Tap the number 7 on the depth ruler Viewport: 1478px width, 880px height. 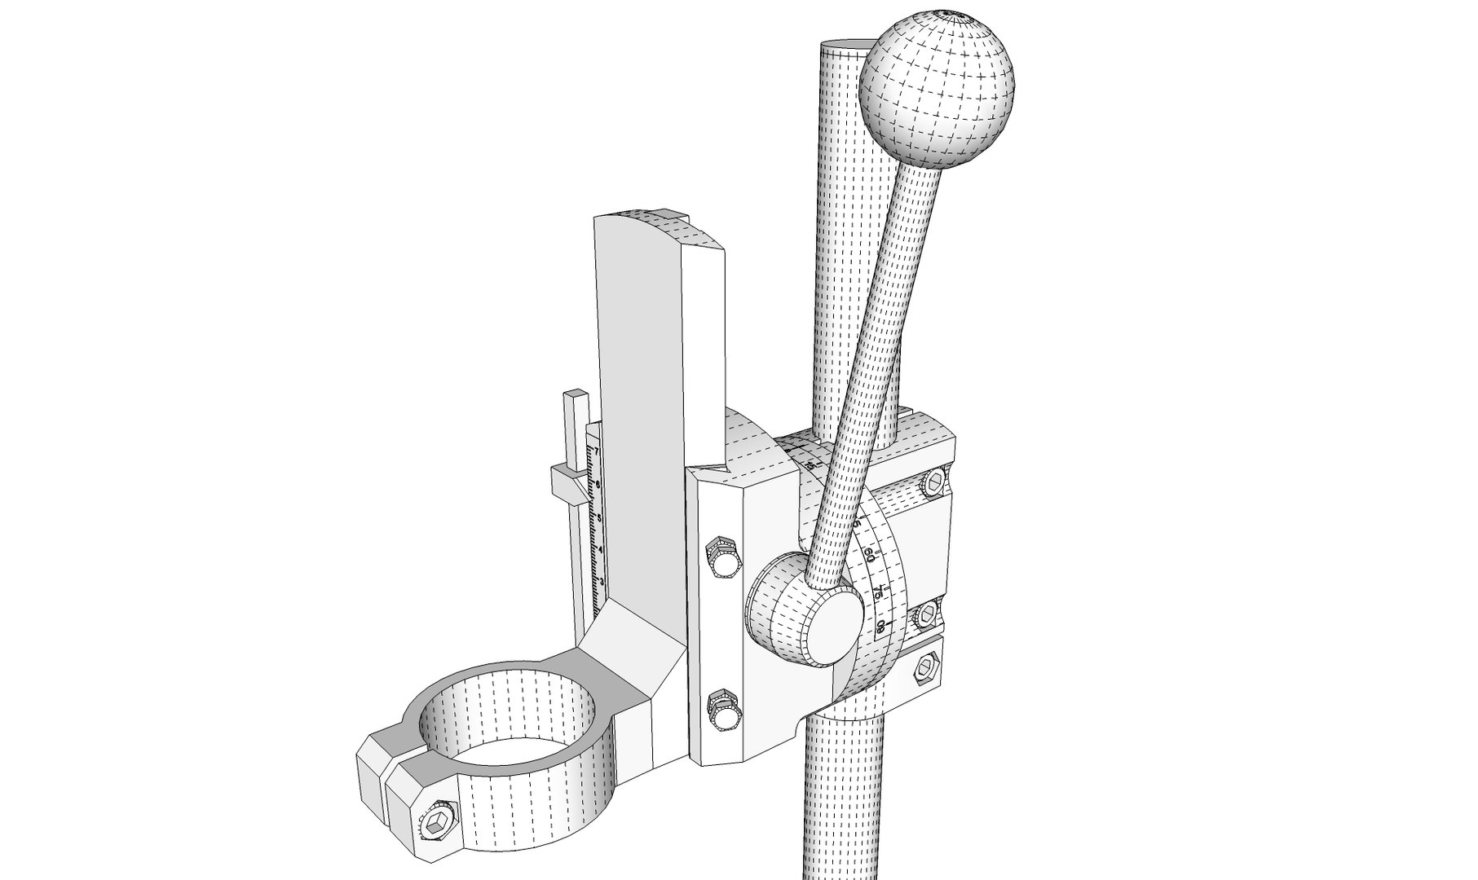597,451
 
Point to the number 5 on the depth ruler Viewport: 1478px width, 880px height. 599,517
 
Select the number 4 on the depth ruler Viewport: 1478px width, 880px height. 601,550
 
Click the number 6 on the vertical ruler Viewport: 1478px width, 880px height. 598,485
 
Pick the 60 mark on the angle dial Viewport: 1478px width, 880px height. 868,557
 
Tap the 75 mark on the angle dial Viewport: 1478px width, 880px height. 877,591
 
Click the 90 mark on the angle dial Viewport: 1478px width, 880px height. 880,626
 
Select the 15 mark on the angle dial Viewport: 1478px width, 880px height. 809,464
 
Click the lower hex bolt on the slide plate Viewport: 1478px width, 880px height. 723,709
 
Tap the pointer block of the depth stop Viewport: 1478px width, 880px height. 567,485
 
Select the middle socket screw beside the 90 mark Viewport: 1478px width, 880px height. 928,614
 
